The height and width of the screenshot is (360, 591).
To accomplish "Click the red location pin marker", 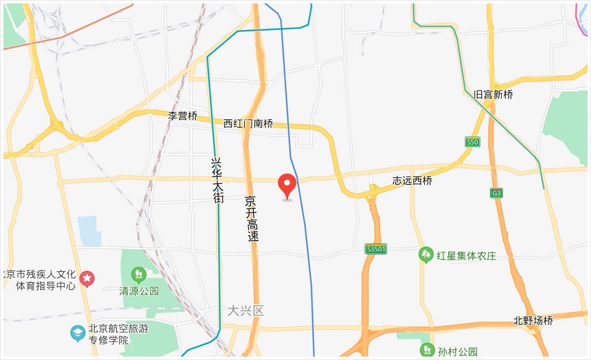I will click(287, 184).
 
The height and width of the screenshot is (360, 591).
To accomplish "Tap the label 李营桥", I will click(182, 116).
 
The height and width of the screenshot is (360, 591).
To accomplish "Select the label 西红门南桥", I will click(248, 124).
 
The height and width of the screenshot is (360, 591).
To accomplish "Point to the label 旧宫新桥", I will click(493, 95).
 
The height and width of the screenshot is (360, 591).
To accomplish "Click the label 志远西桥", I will click(412, 181).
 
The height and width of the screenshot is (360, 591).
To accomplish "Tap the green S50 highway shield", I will click(472, 142).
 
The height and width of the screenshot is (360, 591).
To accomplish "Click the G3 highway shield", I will click(496, 193).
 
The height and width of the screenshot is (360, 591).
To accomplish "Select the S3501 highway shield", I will click(376, 249).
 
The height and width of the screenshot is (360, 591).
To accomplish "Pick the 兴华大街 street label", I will click(218, 180).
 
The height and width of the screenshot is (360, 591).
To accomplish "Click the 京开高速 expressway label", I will click(252, 218).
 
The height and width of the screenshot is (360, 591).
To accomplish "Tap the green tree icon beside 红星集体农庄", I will click(426, 254).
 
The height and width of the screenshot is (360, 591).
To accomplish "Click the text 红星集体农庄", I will click(466, 256).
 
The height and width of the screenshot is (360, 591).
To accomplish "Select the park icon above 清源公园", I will click(138, 275).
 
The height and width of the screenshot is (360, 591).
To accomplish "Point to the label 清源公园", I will click(139, 291).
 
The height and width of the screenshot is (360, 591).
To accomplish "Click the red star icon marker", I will click(87, 278).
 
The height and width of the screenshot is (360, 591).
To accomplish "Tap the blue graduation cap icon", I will click(78, 334).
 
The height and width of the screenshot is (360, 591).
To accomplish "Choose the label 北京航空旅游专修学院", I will click(113, 334).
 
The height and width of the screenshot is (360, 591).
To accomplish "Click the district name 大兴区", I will click(246, 311).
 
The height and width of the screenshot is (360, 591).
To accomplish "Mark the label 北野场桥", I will click(533, 321).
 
